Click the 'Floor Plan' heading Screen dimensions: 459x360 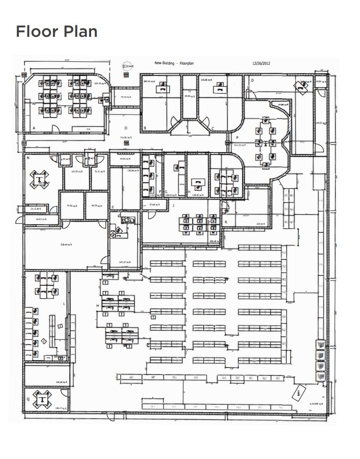[x=57, y=32]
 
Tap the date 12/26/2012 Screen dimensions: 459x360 [x=261, y=63]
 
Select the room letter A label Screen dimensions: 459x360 [x=34, y=128]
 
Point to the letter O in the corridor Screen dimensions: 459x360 [x=126, y=128]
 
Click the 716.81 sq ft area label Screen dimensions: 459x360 [x=125, y=137]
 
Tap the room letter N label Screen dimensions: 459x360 [x=28, y=159]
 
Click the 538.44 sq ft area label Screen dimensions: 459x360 [x=66, y=245]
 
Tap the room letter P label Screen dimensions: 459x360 [x=237, y=138]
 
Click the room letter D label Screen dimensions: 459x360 [x=252, y=81]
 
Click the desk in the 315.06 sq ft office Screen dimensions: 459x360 [x=219, y=87]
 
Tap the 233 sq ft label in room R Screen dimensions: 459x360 [x=260, y=224]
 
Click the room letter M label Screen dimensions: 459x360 [x=98, y=306]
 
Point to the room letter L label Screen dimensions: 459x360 [x=64, y=304]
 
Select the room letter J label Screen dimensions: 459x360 [x=173, y=205]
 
